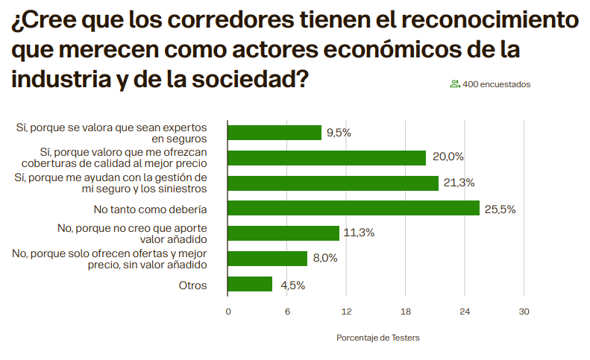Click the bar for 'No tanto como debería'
point(354,209)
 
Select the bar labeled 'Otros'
point(250,285)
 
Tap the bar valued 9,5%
point(274,133)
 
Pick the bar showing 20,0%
point(327,157)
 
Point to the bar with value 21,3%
point(333,183)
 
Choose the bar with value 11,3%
point(283,233)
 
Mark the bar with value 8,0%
point(267,259)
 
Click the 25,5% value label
point(500,209)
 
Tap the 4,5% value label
point(292,285)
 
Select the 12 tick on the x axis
point(346,312)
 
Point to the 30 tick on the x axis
point(524,312)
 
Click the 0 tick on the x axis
point(228,312)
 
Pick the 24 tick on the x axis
point(465,312)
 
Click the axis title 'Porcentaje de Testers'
point(378,338)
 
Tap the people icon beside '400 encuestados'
point(454,84)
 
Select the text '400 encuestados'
point(497,84)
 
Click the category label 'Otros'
point(192,285)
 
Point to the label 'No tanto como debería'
point(150,209)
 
